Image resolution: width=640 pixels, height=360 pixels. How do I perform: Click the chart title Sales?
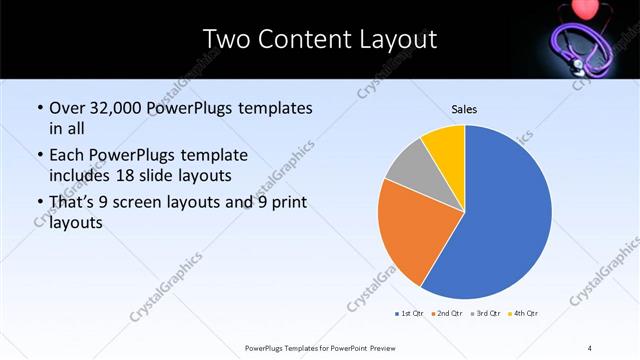[464, 108]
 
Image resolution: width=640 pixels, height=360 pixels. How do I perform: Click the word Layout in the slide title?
[397, 40]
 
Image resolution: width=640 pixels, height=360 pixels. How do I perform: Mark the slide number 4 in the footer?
[590, 347]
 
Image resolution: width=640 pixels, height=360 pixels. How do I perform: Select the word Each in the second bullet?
[67, 156]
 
